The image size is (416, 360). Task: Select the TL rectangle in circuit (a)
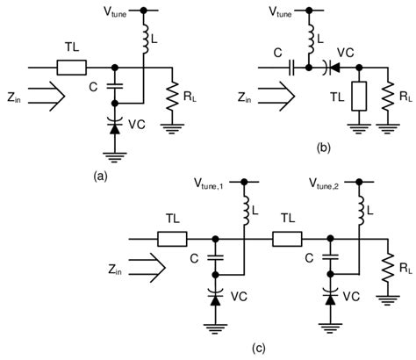tap(73, 67)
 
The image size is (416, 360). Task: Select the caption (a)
tap(99, 174)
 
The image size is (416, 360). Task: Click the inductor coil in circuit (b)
tap(309, 37)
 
